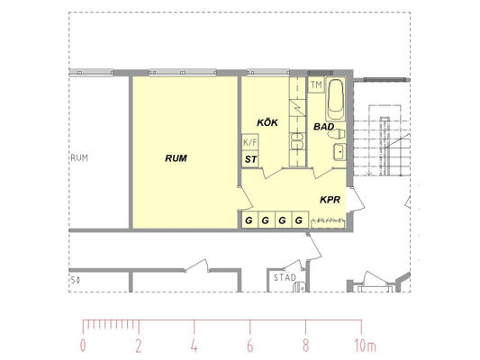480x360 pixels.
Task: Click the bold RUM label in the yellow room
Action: point(176,158)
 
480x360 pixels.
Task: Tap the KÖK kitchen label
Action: point(267,122)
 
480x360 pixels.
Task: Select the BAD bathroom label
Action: point(323,126)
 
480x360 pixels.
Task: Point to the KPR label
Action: point(330,200)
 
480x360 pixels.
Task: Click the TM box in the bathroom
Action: point(316,85)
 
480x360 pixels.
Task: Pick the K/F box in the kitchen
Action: point(250,142)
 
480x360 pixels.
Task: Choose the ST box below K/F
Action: point(250,159)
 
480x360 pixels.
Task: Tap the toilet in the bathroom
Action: point(337,134)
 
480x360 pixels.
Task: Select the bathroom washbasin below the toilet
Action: point(340,151)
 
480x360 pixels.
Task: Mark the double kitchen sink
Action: point(297,141)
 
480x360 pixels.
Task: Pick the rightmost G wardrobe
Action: point(300,220)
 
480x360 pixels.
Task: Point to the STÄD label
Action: point(285,277)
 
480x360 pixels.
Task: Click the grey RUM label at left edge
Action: point(79,157)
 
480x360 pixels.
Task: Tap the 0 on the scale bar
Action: point(83,346)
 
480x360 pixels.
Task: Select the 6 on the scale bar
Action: point(250,346)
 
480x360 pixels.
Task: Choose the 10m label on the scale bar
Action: point(365,346)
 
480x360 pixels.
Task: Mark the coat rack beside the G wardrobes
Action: point(329,223)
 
